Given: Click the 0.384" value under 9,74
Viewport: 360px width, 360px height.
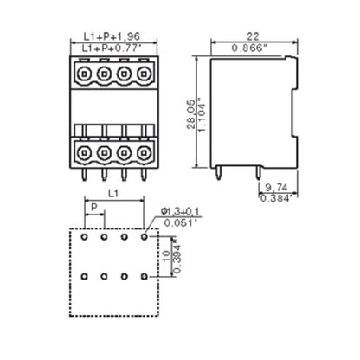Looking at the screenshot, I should click(x=277, y=198).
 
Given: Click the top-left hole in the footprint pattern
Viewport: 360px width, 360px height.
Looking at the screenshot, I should click(x=84, y=235).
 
